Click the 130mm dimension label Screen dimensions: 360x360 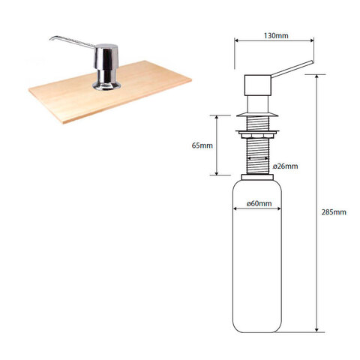[276, 36]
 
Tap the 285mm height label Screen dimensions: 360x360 [334, 212]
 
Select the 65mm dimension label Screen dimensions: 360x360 [202, 145]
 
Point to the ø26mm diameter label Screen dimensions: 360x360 [285, 166]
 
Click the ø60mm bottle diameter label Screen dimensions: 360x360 [259, 203]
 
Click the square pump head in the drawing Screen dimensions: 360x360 [258, 85]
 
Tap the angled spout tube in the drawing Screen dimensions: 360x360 [292, 68]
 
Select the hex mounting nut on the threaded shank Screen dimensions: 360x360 [257, 135]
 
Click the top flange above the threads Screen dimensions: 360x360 [257, 115]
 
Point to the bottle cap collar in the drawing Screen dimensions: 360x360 [257, 177]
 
